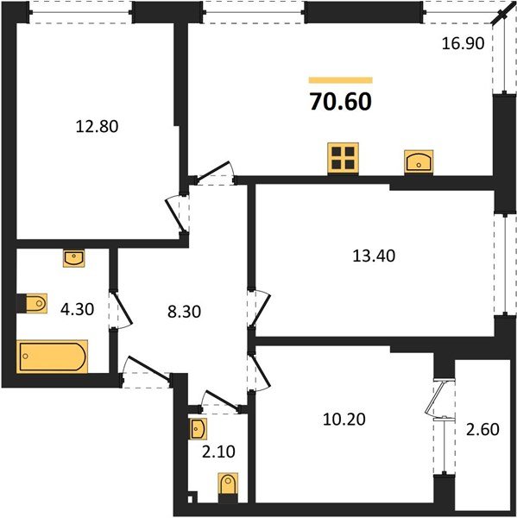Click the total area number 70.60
click(340, 102)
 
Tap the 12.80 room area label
click(97, 126)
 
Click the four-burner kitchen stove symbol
click(343, 158)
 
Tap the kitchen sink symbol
click(417, 161)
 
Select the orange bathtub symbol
click(52, 356)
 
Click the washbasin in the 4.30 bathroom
click(74, 256)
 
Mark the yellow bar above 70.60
click(340, 80)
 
